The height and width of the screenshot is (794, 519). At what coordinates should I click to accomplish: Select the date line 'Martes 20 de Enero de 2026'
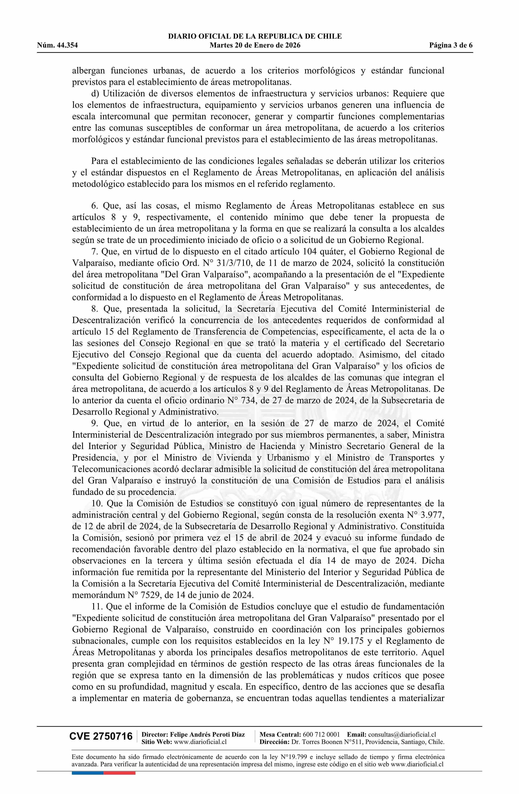point(255,45)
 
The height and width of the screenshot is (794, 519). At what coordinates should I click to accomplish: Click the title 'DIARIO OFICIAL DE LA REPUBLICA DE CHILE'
point(255,36)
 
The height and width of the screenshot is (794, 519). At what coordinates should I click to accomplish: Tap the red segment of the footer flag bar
point(119,773)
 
